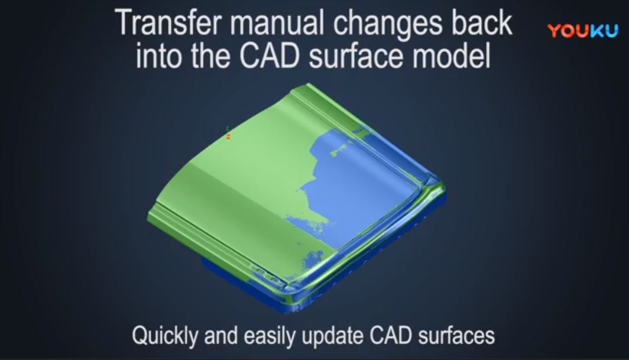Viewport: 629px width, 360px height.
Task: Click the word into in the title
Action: [160, 56]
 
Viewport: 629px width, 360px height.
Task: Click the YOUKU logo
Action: [583, 31]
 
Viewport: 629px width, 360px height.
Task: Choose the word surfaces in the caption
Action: [456, 335]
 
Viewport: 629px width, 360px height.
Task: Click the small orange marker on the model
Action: [228, 137]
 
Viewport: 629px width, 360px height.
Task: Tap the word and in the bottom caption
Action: [221, 335]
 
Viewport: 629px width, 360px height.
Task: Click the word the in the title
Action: [211, 56]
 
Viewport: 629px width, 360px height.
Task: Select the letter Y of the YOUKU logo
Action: [555, 31]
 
